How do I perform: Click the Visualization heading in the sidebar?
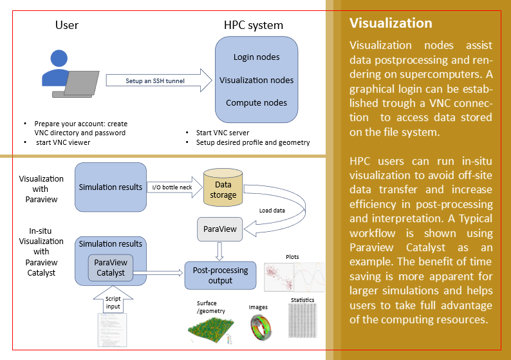[x=391, y=23]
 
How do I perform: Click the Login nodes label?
[x=256, y=57]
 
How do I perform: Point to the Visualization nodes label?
[x=256, y=81]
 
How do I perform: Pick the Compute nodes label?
[x=256, y=103]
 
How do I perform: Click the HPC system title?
[x=253, y=26]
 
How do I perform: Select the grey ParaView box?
[x=220, y=229]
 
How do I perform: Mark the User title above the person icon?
[x=67, y=26]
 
